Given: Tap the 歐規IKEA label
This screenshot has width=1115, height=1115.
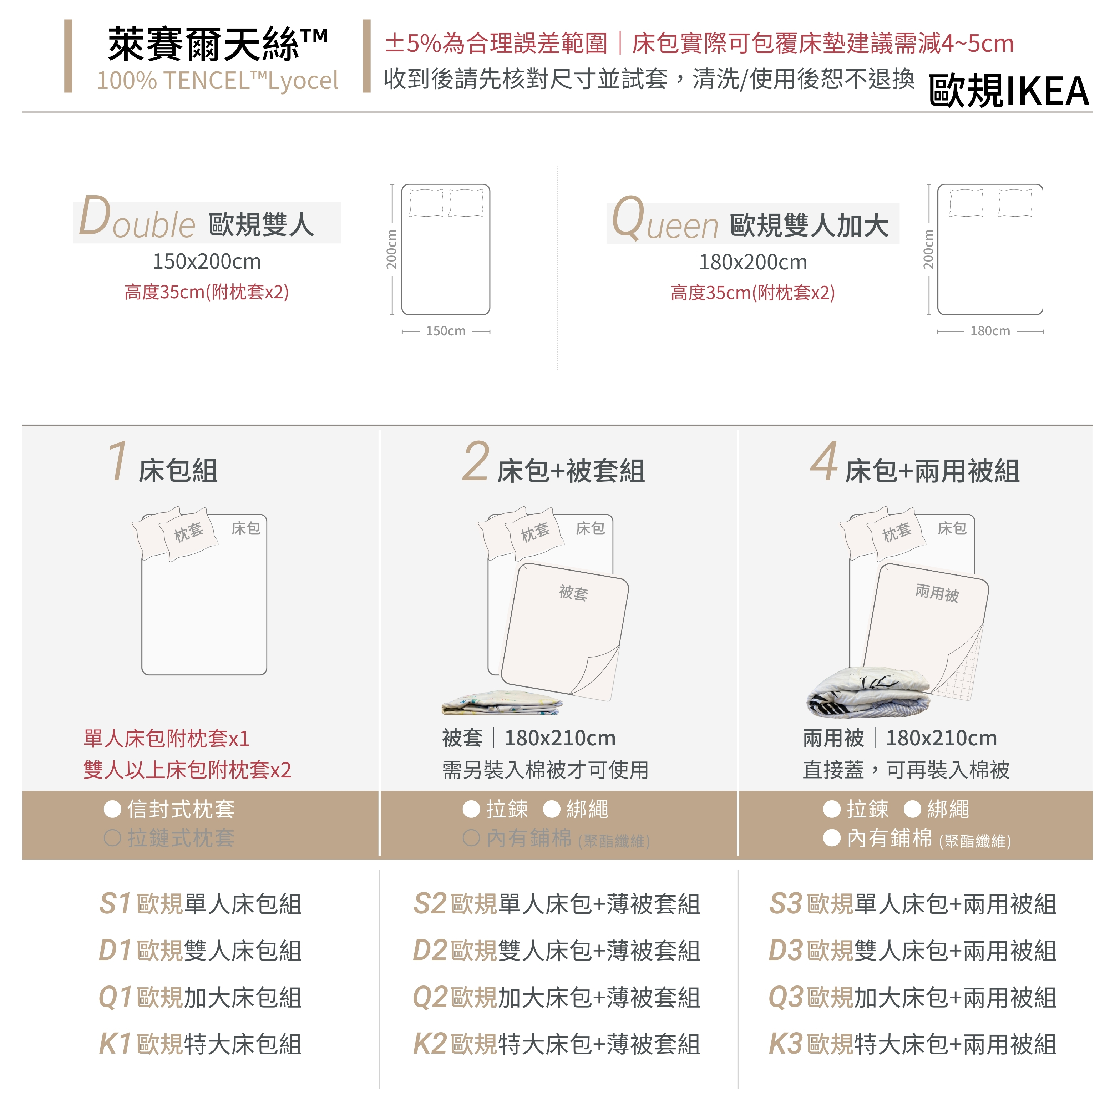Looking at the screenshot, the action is [1009, 91].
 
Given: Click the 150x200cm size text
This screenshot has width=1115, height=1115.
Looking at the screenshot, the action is [207, 262].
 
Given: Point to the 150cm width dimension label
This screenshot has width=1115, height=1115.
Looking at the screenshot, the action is [446, 331].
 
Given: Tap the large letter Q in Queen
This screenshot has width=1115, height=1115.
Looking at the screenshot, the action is [628, 218].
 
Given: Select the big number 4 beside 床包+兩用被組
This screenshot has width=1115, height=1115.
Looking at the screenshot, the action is [824, 461].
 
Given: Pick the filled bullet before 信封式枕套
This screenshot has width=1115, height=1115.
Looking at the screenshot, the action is [112, 809].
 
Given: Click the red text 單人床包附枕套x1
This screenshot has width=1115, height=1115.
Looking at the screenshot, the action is [166, 738].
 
